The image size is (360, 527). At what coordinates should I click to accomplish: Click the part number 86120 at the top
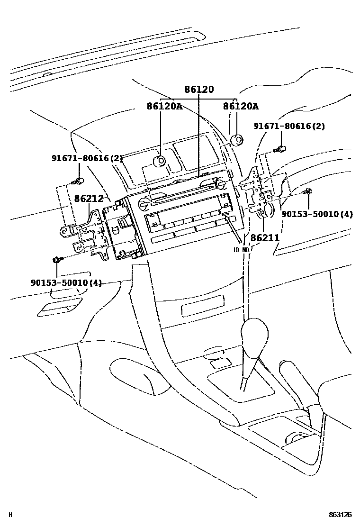point(199,89)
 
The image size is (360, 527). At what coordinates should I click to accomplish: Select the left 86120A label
point(164,107)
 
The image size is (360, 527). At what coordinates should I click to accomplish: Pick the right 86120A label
point(241,107)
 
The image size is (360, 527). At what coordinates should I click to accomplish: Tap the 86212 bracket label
point(89,198)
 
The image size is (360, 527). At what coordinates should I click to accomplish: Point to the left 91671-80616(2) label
point(87,158)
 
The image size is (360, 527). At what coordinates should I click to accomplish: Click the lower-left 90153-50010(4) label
point(66,283)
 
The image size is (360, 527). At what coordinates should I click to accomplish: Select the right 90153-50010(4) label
point(317,214)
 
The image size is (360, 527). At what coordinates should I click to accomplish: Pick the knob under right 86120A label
point(236,140)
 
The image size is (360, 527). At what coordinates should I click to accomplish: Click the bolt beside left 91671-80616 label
point(79,181)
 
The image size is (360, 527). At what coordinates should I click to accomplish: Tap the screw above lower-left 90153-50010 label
point(57,260)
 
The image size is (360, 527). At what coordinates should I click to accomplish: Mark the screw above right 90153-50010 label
point(308,191)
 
